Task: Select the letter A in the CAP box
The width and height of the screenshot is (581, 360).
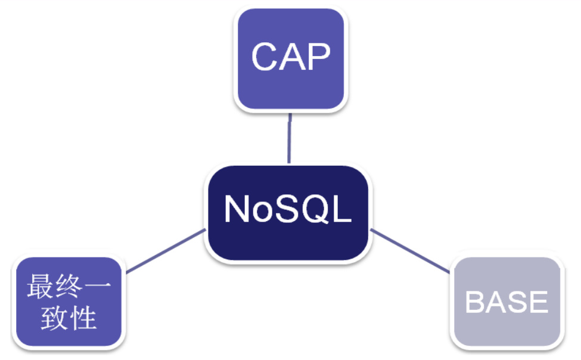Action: point(290,57)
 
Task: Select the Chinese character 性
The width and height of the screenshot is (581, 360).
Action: point(83,318)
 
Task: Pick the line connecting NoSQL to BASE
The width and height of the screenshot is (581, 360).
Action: point(411,251)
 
